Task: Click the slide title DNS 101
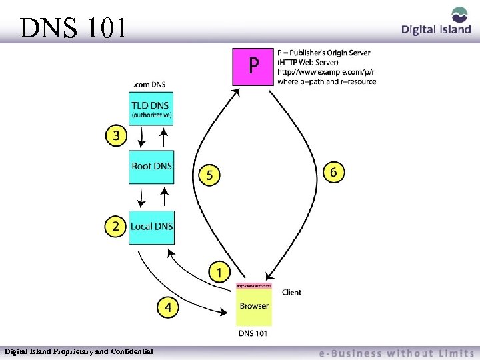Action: click(73, 28)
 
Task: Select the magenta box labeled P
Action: click(253, 67)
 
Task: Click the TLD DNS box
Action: click(151, 109)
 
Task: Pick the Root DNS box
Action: click(151, 166)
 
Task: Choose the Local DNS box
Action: click(151, 227)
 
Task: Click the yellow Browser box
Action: click(253, 306)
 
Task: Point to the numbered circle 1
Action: click(219, 272)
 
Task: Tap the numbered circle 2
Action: click(115, 227)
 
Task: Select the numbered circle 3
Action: click(116, 136)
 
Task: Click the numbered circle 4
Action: click(168, 307)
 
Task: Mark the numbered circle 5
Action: click(210, 175)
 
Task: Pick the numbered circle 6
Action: click(334, 171)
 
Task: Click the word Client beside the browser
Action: click(291, 292)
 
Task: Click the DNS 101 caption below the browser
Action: click(253, 333)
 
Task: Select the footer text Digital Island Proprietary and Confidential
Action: click(79, 351)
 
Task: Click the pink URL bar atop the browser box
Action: click(253, 285)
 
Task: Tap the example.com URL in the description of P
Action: click(323, 72)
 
